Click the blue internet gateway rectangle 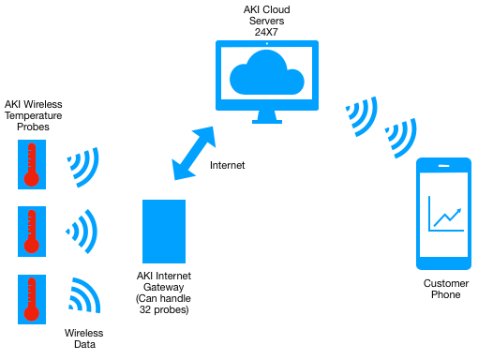163,231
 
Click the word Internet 227,166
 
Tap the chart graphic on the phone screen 445,213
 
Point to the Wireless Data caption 83,338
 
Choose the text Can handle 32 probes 163,304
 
